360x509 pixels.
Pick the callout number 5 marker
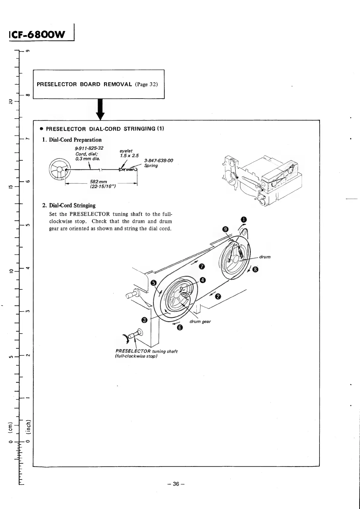154,283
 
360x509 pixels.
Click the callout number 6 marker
180,328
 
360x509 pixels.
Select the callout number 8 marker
256,270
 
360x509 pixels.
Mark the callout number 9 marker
225,229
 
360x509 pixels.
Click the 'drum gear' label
200,321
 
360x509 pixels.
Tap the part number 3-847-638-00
159,161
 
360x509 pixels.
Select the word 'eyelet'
126,151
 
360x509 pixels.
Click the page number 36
177,484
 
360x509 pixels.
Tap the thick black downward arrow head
100,116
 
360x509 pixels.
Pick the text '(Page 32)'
146,84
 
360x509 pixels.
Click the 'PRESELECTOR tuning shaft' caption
146,351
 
